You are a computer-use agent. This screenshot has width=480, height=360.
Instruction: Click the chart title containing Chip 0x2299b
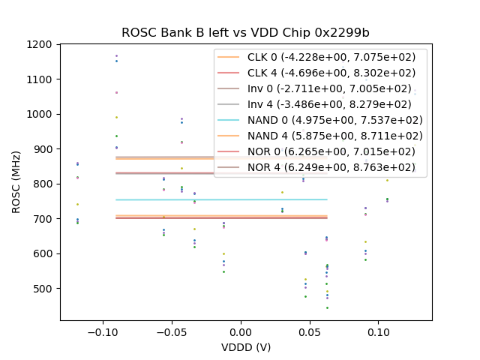click(x=245, y=33)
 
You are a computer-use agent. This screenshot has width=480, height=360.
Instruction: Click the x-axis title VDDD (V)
click(x=245, y=347)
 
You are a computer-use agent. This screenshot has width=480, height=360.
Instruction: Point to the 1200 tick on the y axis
click(x=42, y=45)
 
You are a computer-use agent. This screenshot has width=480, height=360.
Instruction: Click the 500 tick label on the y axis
click(x=45, y=289)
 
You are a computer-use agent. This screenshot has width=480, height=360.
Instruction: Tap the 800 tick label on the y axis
click(x=45, y=184)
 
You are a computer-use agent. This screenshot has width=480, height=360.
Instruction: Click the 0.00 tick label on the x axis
click(x=241, y=331)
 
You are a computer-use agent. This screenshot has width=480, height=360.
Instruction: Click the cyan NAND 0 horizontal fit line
click(x=187, y=199)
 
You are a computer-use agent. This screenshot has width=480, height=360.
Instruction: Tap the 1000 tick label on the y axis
click(x=42, y=115)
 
